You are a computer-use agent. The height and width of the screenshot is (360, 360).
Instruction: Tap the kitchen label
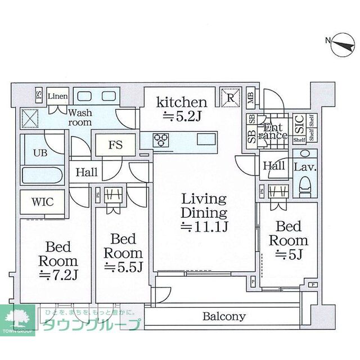click(182, 102)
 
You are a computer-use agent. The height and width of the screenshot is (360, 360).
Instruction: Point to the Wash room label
click(80, 117)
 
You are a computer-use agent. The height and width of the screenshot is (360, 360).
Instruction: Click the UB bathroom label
click(39, 152)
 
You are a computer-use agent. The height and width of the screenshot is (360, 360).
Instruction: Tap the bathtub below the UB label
click(44, 175)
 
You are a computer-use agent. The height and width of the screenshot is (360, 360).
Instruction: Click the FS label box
click(115, 144)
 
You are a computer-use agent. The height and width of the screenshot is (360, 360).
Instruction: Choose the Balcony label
click(224, 316)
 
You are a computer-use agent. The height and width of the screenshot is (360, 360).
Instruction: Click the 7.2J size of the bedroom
click(58, 275)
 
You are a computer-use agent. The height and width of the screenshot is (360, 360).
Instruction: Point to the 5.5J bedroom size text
click(123, 266)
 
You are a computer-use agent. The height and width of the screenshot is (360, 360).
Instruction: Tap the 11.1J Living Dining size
click(203, 227)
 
